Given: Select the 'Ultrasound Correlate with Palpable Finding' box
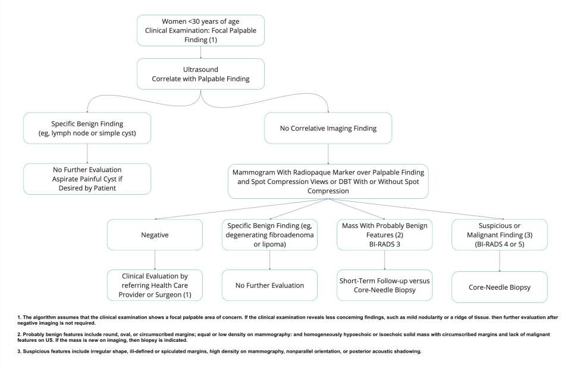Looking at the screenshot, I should coord(200,74).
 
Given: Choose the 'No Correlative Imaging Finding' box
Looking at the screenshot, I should coord(327,127).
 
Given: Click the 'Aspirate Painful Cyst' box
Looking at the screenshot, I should coord(87,178).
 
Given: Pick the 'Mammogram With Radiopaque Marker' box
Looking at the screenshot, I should coord(327,181).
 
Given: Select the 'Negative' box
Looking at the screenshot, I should coord(155,234).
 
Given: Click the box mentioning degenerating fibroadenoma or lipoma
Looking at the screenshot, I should coord(270,234).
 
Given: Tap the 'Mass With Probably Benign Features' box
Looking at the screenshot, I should coord(384,234).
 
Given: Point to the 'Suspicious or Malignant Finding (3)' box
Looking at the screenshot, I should coord(499,234).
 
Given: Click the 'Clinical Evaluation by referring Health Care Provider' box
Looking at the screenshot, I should coord(155,285).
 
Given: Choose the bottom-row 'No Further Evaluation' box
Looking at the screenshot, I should coord(270,285).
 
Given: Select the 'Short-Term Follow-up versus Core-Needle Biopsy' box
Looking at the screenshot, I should coord(384,285).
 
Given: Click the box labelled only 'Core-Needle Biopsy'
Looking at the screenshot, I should coord(499,286).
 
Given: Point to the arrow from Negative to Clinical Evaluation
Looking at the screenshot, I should coord(155,259).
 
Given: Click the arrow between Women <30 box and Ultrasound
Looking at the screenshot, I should coord(200,52).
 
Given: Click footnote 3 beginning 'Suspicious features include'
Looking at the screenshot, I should coord(220,352).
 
